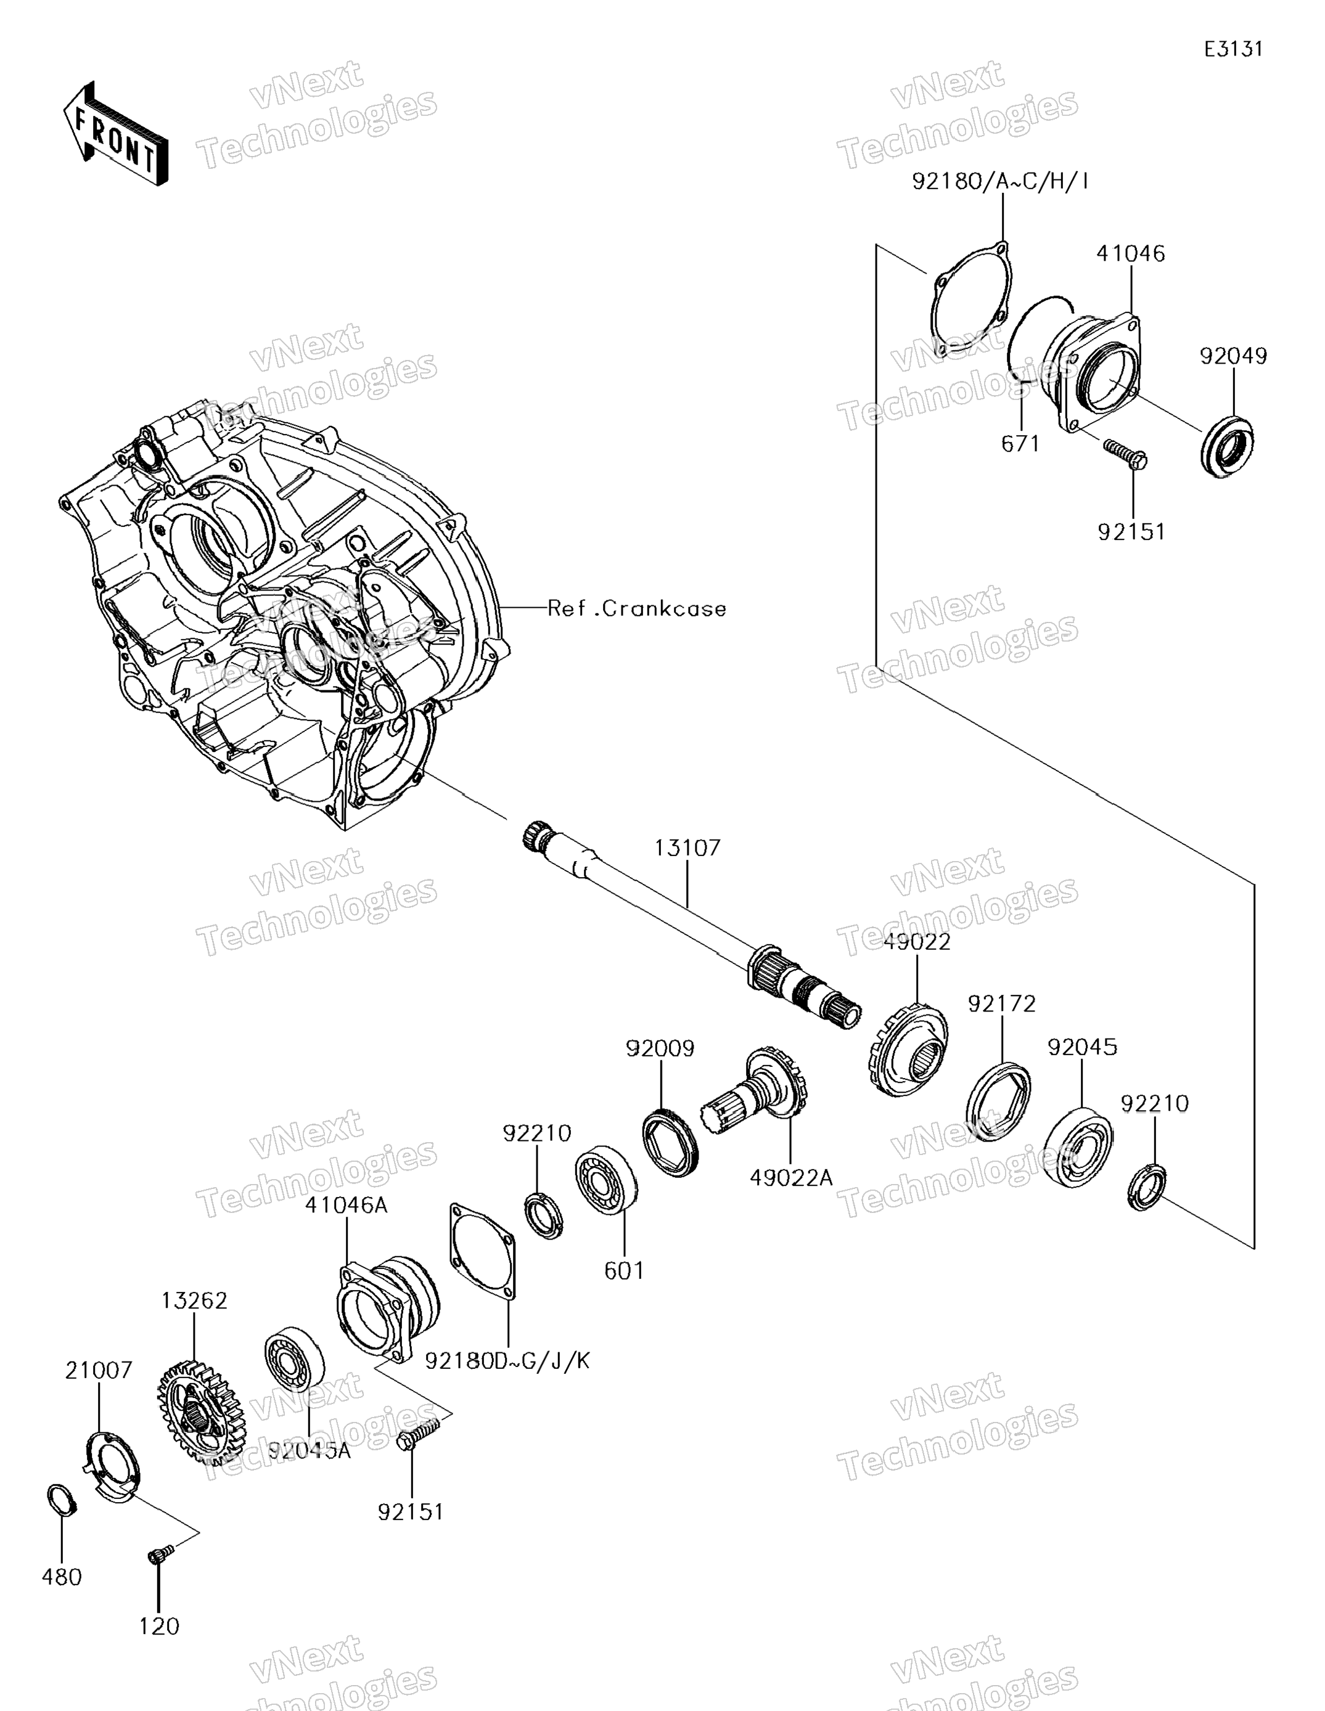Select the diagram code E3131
1233,49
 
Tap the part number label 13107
687,847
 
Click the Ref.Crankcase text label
636,609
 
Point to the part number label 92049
1233,356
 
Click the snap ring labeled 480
61,1500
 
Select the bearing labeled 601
605,1180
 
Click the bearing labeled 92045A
295,1358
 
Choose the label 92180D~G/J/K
507,1361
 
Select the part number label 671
1020,444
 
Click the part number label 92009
660,1048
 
